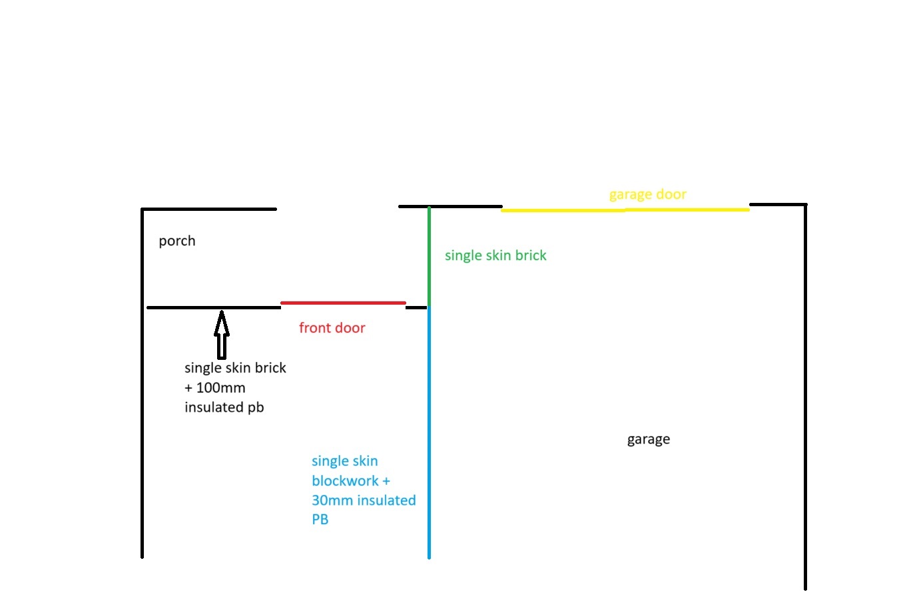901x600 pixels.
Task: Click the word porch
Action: coord(177,241)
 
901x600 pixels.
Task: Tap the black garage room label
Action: coord(649,440)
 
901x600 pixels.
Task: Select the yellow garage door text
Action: coord(648,195)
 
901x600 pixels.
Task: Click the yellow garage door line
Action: coord(625,210)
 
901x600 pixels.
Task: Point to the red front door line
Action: coord(343,303)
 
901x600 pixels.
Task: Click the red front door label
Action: coord(332,328)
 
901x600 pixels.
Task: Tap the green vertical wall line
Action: coord(429,256)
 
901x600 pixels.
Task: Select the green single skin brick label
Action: coord(495,255)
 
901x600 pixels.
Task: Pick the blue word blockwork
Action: coord(345,481)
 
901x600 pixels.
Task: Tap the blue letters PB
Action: coord(320,520)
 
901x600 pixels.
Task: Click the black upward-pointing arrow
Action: coord(222,335)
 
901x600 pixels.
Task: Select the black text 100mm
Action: coord(221,388)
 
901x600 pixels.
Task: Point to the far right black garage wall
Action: coord(805,397)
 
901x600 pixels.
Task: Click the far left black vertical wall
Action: coord(142,383)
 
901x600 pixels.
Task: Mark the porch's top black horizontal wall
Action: coord(208,210)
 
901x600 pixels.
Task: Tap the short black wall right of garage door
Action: coord(778,205)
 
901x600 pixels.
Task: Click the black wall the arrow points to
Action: coord(214,308)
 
